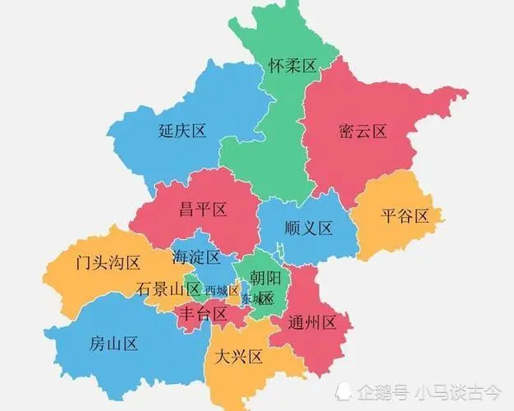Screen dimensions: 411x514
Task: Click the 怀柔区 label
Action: (x=292, y=67)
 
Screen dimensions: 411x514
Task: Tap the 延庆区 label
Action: (x=181, y=131)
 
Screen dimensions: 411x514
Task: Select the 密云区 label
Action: (x=362, y=132)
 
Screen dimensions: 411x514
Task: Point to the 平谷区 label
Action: (x=406, y=217)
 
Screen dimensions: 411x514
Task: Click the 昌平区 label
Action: (x=203, y=210)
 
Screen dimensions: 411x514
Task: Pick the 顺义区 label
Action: (x=308, y=229)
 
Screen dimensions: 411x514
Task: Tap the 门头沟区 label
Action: (x=108, y=263)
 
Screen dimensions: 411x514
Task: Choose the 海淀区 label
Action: (x=196, y=257)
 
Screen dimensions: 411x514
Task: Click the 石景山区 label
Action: (x=168, y=289)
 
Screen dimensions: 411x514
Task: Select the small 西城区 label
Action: (x=222, y=290)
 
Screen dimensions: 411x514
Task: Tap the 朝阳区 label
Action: (x=265, y=289)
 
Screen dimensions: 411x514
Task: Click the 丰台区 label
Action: (x=202, y=314)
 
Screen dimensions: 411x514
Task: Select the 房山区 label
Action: (x=112, y=344)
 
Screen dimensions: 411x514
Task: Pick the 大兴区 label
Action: (x=236, y=357)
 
